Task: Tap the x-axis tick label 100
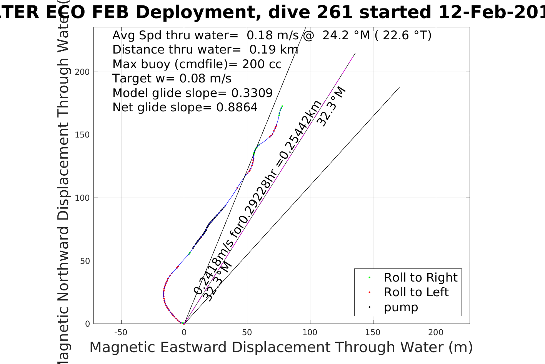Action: pyautogui.click(x=310, y=332)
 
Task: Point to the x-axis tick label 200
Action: pyautogui.click(x=435, y=332)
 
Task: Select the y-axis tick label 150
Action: pyautogui.click(x=82, y=135)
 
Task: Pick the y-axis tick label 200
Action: pyautogui.click(x=82, y=72)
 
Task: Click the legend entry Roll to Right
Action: pyautogui.click(x=420, y=277)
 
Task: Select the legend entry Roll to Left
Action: pyautogui.click(x=416, y=292)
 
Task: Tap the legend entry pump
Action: pyautogui.click(x=400, y=307)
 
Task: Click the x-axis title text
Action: pyautogui.click(x=281, y=347)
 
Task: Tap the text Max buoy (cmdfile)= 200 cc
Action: pyautogui.click(x=197, y=64)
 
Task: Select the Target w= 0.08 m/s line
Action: pyautogui.click(x=172, y=79)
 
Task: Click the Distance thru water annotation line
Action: pyautogui.click(x=205, y=50)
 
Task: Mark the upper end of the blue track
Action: pyautogui.click(x=282, y=106)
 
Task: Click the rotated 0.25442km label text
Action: pyautogui.click(x=300, y=131)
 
